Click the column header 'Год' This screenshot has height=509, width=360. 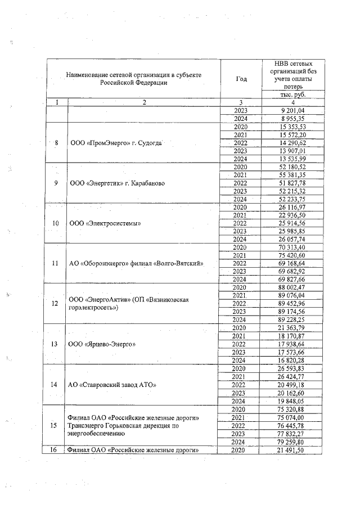click(242, 79)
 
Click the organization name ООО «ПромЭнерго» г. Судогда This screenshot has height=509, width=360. click(116, 143)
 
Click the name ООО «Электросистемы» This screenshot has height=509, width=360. click(105, 224)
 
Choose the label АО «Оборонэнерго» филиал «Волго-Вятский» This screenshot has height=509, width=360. click(136, 264)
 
